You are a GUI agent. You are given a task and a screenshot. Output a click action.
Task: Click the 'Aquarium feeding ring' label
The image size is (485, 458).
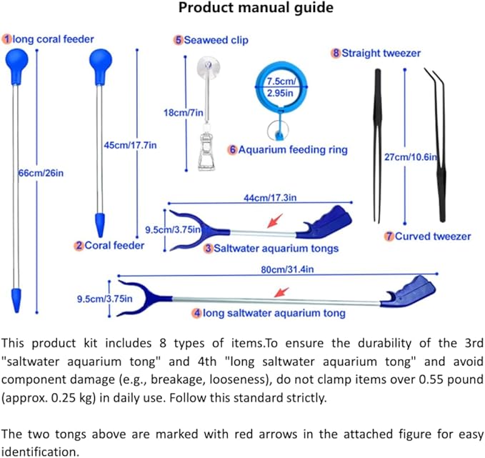[x=293, y=150]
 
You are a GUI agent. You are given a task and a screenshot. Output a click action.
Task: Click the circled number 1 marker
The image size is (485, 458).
[x=6, y=39]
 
